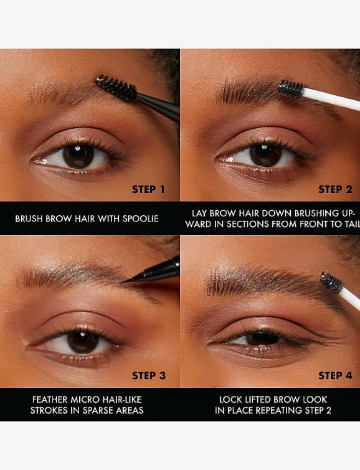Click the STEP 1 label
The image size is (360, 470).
click(148, 189)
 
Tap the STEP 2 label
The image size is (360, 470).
click(335, 189)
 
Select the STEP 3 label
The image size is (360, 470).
click(149, 376)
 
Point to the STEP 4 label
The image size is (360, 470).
click(335, 376)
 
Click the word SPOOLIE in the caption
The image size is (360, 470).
click(140, 219)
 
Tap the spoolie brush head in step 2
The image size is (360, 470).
click(291, 89)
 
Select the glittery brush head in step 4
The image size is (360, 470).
click(332, 282)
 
